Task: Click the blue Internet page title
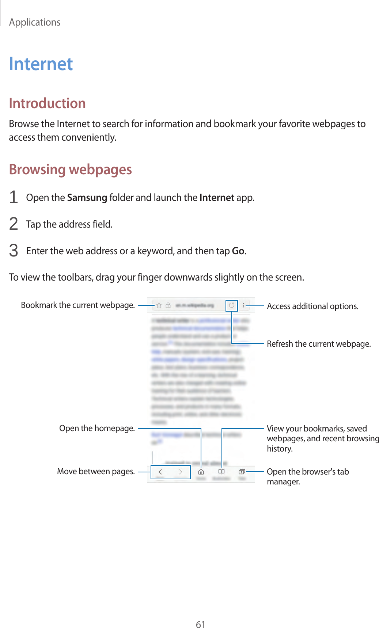tap(41, 64)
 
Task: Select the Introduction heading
tap(47, 103)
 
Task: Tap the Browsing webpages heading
tap(70, 170)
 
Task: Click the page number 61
tap(200, 624)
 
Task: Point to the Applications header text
tap(35, 22)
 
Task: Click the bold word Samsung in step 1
tap(87, 198)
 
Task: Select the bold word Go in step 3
tap(238, 251)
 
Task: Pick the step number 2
tap(14, 224)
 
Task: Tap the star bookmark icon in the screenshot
tap(159, 305)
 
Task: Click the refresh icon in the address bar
tap(232, 305)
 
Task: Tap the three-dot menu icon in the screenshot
tap(244, 305)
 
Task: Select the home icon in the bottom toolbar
tap(201, 472)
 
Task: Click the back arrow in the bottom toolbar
tap(160, 472)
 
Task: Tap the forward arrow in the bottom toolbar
tap(181, 472)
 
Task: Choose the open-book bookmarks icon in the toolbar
tap(221, 472)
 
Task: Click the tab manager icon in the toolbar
tap(242, 472)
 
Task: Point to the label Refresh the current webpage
tap(319, 344)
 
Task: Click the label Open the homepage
tap(97, 428)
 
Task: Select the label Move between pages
tap(96, 471)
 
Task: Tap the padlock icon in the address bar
tap(168, 305)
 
